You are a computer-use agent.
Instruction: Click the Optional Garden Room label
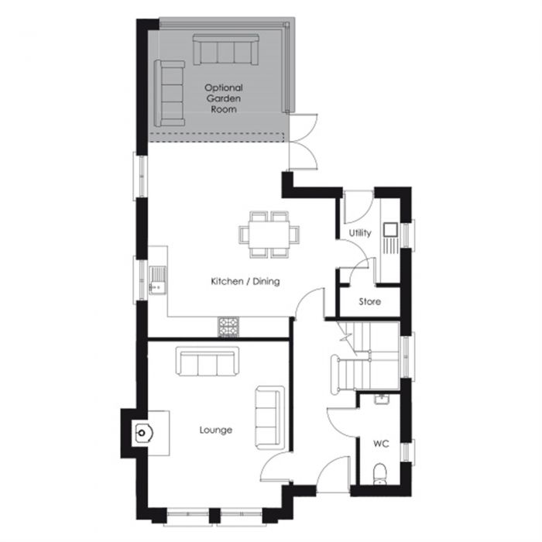(x=224, y=98)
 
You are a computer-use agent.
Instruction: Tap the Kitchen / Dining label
(x=245, y=282)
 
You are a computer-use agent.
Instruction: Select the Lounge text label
(x=215, y=430)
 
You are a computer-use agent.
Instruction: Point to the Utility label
(x=360, y=232)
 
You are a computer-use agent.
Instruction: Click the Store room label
(x=369, y=301)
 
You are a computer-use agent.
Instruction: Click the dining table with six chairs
(x=269, y=232)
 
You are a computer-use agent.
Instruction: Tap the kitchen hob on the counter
(x=229, y=328)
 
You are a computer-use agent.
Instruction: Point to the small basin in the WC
(x=380, y=400)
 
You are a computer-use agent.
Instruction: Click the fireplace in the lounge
(x=142, y=433)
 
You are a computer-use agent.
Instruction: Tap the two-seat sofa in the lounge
(x=269, y=416)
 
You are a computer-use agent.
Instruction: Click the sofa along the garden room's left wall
(x=169, y=93)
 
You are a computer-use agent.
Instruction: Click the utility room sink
(x=389, y=230)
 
